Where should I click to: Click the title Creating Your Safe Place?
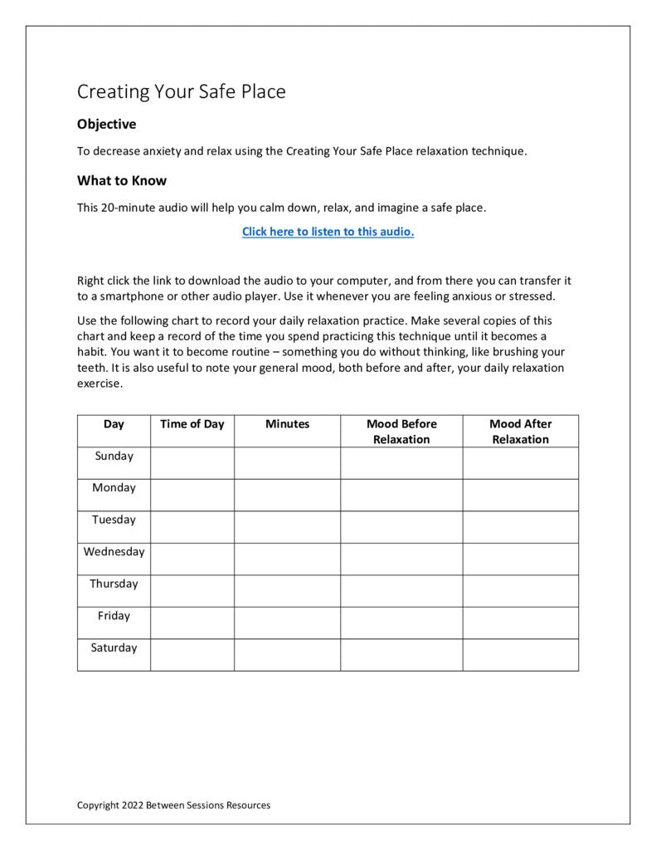tap(181, 91)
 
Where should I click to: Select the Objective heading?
tap(106, 125)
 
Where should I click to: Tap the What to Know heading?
tap(122, 181)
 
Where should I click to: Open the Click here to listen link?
tap(328, 232)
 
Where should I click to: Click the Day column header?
tap(114, 424)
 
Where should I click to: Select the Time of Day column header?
tap(192, 424)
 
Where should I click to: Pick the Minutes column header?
tap(287, 424)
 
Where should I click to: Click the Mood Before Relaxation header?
tap(401, 432)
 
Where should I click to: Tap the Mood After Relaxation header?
tap(520, 432)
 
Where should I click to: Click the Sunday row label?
tap(114, 456)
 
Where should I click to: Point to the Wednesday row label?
tap(114, 552)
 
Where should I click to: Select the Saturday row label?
tap(114, 648)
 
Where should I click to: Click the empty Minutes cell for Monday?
tap(287, 495)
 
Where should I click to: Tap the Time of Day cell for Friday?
tap(192, 623)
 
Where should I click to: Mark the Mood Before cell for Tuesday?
tap(401, 527)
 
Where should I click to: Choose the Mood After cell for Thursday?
tap(520, 591)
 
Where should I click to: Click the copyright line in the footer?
tap(173, 805)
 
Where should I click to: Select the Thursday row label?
tap(114, 584)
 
